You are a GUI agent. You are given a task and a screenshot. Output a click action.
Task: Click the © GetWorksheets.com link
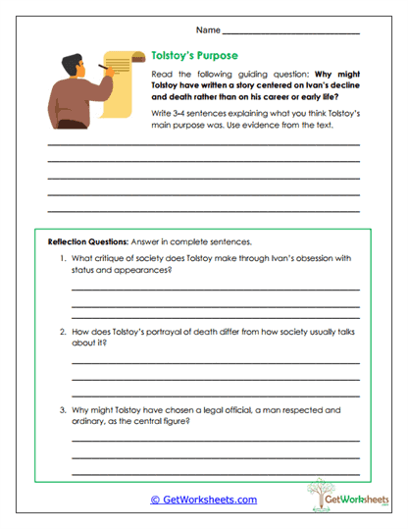click(203, 500)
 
